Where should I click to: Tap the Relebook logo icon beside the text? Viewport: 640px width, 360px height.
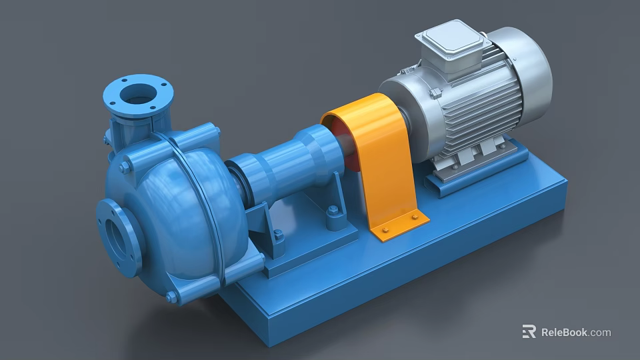click(x=529, y=331)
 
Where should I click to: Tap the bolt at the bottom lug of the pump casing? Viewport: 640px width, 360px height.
click(x=171, y=297)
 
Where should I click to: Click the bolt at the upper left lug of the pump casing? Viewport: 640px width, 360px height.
click(x=125, y=167)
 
